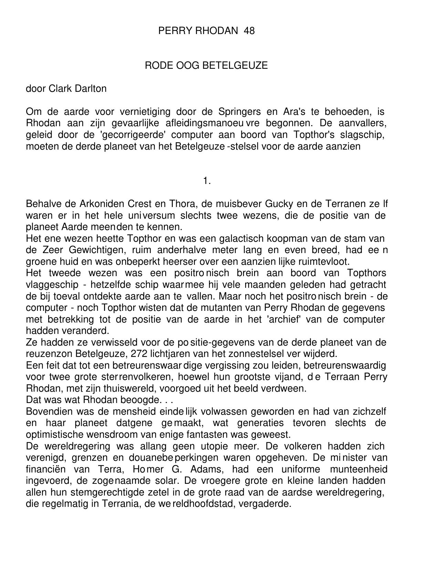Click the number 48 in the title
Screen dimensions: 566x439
click(249, 31)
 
